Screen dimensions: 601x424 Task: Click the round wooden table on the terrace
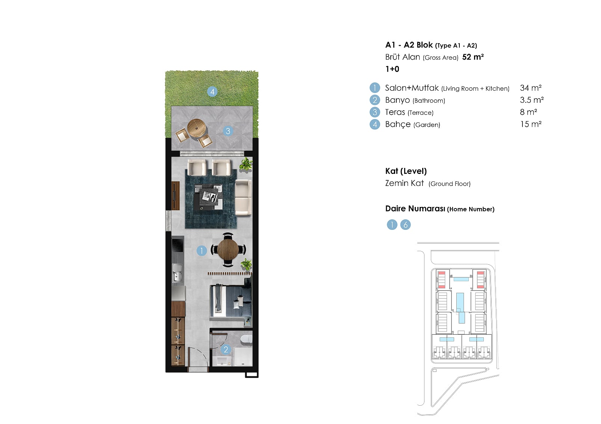point(197,128)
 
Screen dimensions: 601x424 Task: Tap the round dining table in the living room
point(228,249)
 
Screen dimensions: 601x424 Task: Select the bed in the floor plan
point(231,302)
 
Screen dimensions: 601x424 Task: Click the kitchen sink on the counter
point(177,273)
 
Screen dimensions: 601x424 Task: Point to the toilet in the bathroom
point(246,339)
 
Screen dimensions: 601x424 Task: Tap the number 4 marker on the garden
point(212,92)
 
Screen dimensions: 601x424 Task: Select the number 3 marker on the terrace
point(228,131)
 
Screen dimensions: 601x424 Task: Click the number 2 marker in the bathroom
point(226,349)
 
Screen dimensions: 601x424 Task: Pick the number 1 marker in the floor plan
point(201,251)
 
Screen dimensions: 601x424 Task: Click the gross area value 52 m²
point(473,57)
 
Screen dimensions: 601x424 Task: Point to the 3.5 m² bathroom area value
point(532,100)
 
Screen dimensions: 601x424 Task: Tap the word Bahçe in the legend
point(398,124)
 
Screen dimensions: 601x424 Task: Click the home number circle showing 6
point(405,225)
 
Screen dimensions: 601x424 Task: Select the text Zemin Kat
point(404,183)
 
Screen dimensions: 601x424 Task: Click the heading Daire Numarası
point(415,209)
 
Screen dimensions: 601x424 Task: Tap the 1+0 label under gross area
point(392,69)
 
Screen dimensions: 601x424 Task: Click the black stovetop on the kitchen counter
point(178,244)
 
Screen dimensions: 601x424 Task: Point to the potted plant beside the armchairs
point(246,164)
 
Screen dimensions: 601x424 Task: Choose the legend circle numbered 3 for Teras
point(375,112)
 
